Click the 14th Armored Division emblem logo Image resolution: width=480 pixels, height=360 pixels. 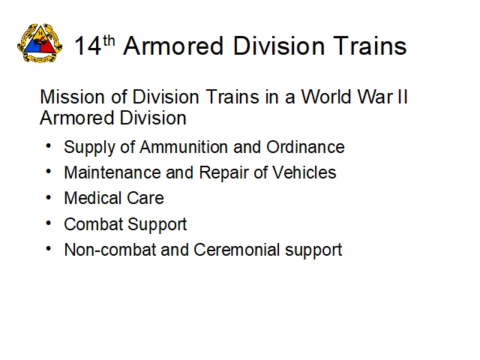tap(40, 43)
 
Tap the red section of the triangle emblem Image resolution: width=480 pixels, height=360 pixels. tap(46, 47)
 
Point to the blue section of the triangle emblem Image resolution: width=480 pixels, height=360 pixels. tap(33, 47)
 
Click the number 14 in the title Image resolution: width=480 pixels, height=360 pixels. tap(88, 46)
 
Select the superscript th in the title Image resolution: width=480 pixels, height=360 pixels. tap(109, 40)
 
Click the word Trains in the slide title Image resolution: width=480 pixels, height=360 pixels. tap(370, 46)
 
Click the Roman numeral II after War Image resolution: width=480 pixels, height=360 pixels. tap(402, 97)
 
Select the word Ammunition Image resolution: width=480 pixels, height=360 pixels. tap(184, 147)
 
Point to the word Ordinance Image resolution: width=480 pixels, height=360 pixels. tap(305, 147)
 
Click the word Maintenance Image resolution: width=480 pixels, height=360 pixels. tap(112, 172)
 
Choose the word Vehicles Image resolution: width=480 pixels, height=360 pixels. tap(304, 172)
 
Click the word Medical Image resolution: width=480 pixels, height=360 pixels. tap(93, 198)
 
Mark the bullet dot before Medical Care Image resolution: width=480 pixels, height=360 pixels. tap(48, 198)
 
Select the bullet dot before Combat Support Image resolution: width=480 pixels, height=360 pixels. tap(48, 223)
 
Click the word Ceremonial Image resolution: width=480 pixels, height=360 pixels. tap(237, 250)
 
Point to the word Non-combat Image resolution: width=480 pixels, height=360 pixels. tap(110, 250)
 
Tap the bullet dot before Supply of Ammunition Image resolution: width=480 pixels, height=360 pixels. tap(48, 146)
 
